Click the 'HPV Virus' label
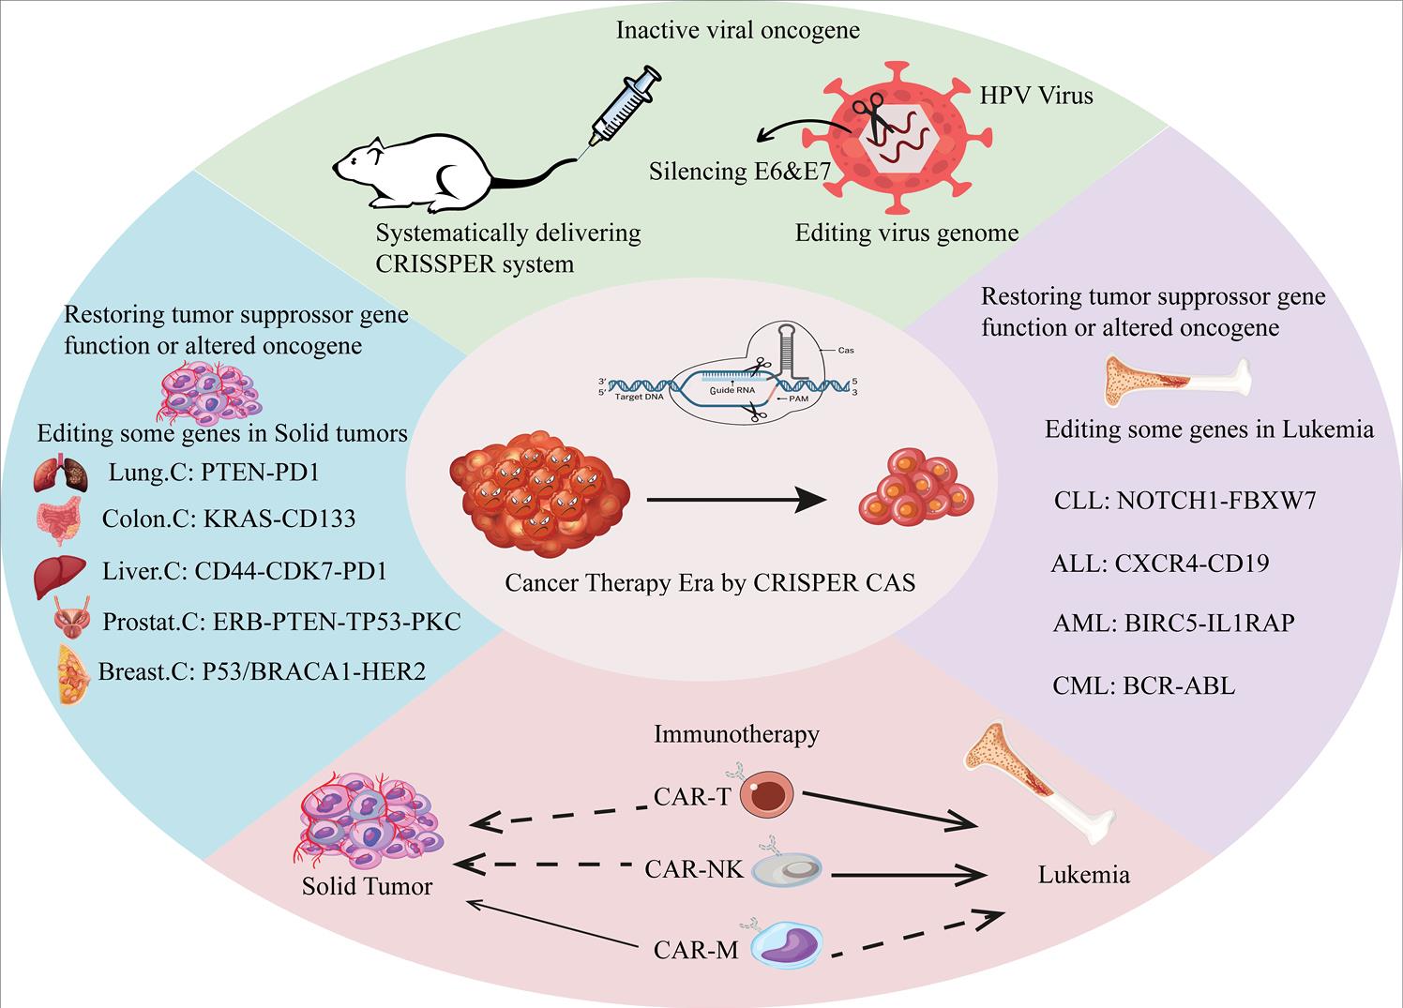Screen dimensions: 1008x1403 pos(1035,95)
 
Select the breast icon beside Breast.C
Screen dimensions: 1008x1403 pos(74,674)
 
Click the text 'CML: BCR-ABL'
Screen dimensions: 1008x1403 pos(1143,685)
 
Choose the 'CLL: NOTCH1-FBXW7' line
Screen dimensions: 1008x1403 pos(1184,500)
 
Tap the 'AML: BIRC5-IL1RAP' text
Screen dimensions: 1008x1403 pos(1172,622)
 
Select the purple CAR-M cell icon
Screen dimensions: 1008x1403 pos(787,947)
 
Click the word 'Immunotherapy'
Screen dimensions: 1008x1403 pos(736,733)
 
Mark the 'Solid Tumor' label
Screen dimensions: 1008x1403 pos(367,886)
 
